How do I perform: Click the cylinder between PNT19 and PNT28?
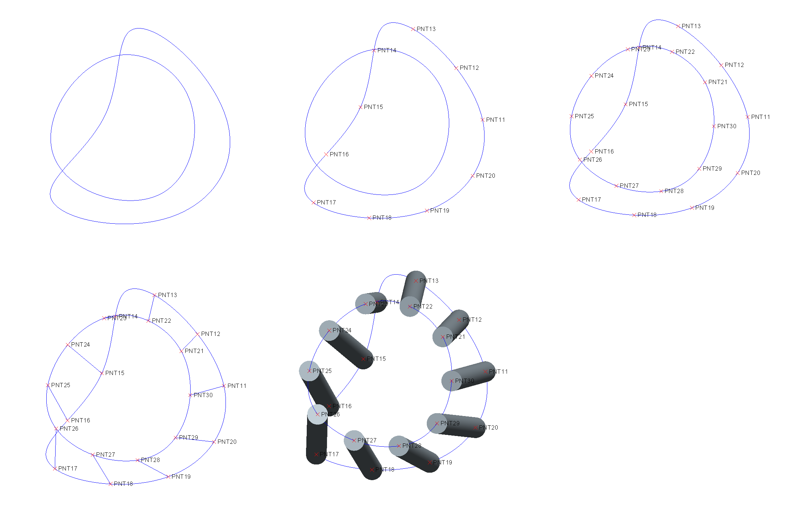coord(415,454)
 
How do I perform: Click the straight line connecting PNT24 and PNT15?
coord(85,359)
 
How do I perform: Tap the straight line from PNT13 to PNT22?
coord(151,308)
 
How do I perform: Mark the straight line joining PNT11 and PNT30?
coord(207,390)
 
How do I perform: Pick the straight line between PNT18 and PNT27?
coord(102,469)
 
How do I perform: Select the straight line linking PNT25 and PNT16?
coord(57,402)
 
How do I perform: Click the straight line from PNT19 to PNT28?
coord(153,468)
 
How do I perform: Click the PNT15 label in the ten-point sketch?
coord(373,107)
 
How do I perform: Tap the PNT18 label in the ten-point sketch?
coord(382,218)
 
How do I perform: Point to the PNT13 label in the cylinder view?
coord(429,281)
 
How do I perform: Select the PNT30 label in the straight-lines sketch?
coord(203,395)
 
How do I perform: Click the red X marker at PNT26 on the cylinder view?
coord(317,414)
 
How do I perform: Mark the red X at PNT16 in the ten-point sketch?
coord(326,154)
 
